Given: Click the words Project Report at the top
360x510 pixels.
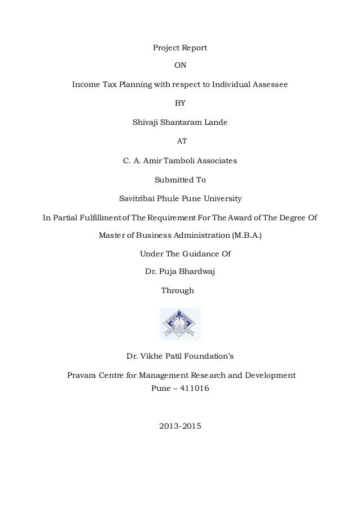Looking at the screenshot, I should (x=180, y=47).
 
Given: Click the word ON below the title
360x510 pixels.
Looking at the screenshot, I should (x=180, y=66).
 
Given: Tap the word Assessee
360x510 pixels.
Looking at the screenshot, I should (x=269, y=85).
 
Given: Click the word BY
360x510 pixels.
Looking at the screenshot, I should (x=180, y=103).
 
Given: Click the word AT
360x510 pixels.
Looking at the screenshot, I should (x=180, y=141).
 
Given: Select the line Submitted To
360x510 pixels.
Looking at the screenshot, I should (x=180, y=180).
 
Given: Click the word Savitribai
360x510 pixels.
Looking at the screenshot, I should (x=137, y=199).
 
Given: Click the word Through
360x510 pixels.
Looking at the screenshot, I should (x=178, y=290).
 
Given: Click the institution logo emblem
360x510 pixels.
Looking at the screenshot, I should (x=180, y=324).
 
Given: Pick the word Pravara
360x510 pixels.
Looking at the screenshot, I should (x=82, y=374).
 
